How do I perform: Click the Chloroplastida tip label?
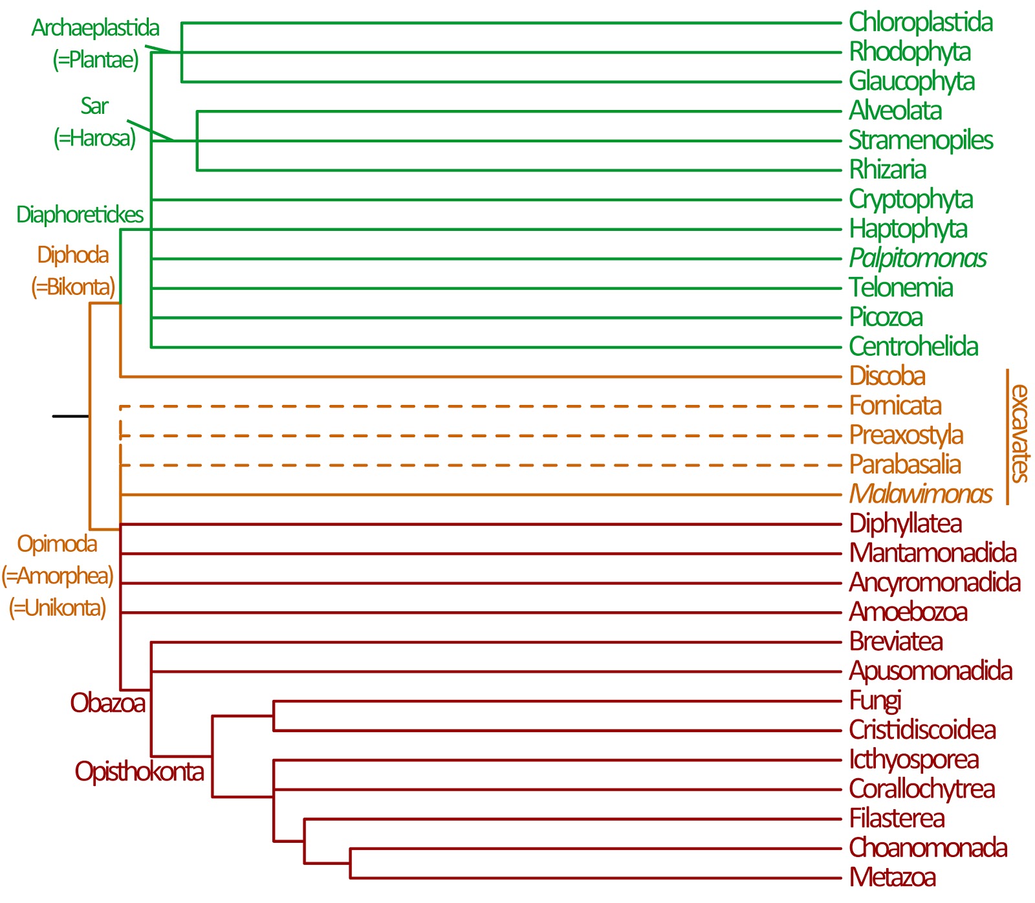point(920,22)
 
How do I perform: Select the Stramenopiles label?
point(920,140)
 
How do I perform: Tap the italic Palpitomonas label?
point(917,258)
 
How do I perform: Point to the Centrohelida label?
point(913,347)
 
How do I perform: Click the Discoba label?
point(887,376)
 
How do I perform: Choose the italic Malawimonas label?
point(920,494)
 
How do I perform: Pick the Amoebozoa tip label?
point(908,612)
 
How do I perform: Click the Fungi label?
point(875,701)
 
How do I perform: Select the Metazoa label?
point(892,878)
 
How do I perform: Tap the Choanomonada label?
point(928,848)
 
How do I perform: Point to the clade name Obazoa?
point(107,703)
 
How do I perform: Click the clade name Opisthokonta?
point(139,772)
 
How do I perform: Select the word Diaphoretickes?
point(80,215)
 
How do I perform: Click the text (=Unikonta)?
point(57,608)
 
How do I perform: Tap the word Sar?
point(94,106)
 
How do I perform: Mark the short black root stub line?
point(70,416)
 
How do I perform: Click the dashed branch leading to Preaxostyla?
point(479,436)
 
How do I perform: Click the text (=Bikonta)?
point(73,287)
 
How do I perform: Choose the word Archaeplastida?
point(95,28)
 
